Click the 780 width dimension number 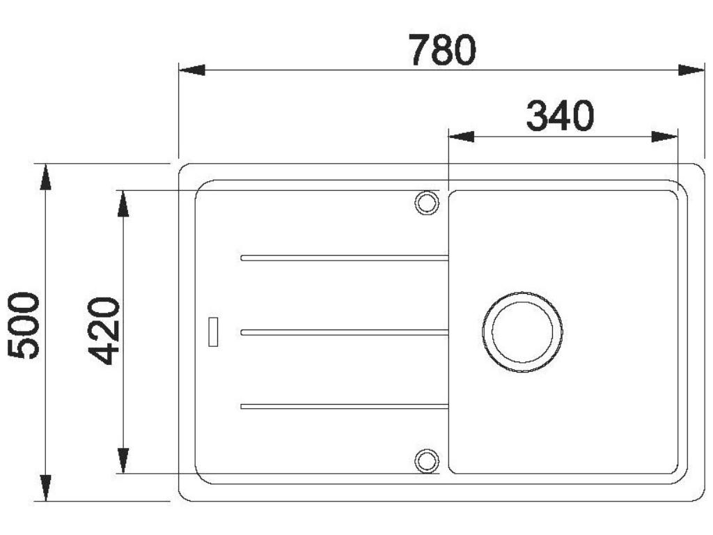(442, 49)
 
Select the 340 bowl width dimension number (560, 116)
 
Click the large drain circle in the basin (522, 332)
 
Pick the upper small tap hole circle (427, 202)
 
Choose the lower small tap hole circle (427, 460)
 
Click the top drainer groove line (345, 258)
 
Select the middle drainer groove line (345, 332)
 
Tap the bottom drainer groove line (345, 406)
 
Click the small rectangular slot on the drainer (214, 331)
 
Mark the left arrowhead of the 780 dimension (191, 70)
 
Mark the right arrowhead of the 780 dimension (691, 70)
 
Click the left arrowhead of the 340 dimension (461, 136)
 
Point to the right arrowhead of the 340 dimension (664, 136)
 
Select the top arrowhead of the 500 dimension (46, 177)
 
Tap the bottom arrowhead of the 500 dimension (46, 488)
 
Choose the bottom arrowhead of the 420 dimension (123, 460)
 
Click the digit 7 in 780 (420, 49)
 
